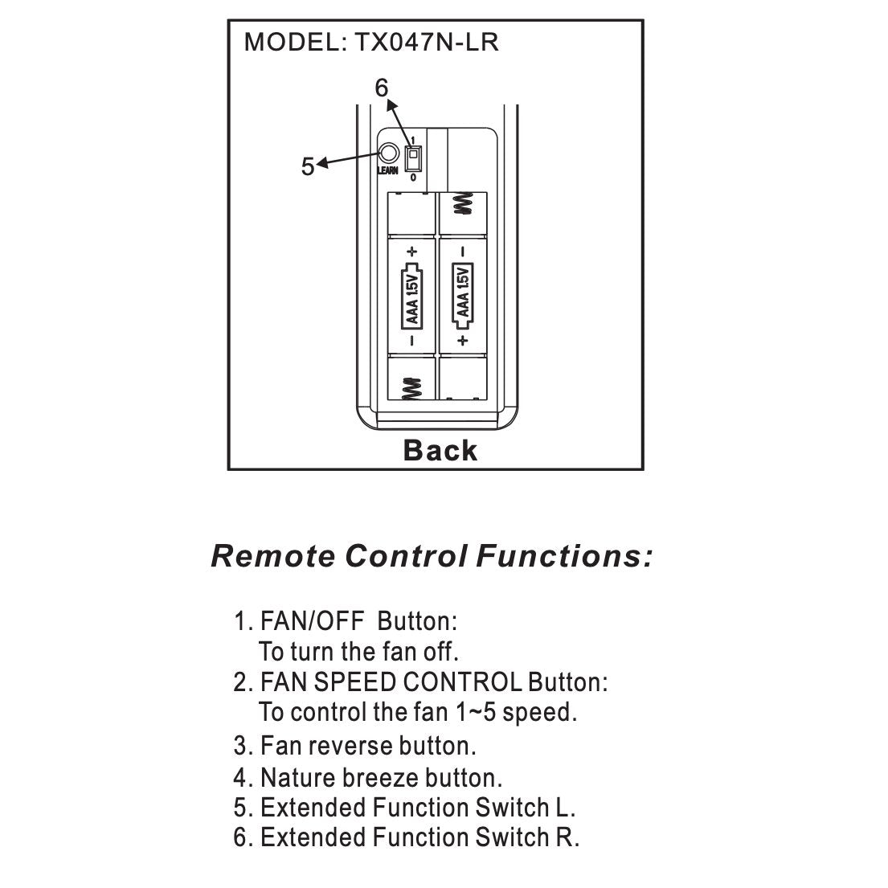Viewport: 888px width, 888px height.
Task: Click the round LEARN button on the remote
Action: click(388, 153)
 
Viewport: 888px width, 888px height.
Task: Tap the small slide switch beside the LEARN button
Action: click(413, 157)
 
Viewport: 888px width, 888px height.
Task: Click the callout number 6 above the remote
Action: click(382, 88)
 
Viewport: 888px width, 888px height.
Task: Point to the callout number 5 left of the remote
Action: click(308, 167)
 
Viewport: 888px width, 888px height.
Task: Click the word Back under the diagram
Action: click(440, 451)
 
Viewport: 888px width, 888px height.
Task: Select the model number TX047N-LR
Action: click(422, 43)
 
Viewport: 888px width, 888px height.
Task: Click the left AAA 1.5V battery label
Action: click(412, 295)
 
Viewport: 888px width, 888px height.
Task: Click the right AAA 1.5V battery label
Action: click(463, 295)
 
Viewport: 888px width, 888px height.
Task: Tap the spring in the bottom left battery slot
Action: click(412, 389)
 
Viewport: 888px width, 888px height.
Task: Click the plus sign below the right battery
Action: click(463, 341)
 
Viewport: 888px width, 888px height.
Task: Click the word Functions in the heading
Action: click(563, 556)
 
